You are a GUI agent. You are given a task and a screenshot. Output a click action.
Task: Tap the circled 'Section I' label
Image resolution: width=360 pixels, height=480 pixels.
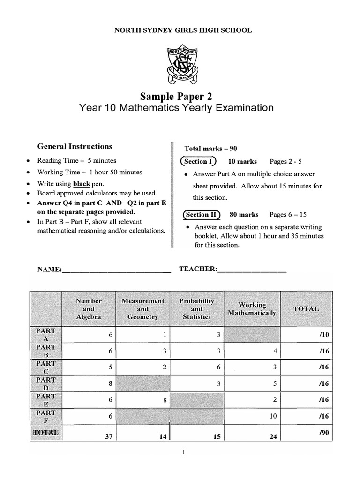(x=198, y=161)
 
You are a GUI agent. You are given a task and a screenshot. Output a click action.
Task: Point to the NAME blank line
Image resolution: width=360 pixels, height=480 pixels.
(x=116, y=270)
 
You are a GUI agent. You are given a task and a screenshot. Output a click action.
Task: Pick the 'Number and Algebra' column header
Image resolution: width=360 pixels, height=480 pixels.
(x=89, y=309)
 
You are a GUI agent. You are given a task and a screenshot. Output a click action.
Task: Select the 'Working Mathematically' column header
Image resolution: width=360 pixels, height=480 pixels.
(x=252, y=309)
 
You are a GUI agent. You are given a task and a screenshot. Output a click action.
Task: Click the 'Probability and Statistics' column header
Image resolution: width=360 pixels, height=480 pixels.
(x=197, y=309)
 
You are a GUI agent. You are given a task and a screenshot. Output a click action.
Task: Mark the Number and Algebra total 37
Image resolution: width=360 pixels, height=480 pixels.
(x=89, y=436)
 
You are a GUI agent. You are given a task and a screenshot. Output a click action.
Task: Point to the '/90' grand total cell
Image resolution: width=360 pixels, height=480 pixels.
(x=307, y=434)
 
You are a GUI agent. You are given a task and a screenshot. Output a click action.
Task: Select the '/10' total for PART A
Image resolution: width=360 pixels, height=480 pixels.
(x=307, y=335)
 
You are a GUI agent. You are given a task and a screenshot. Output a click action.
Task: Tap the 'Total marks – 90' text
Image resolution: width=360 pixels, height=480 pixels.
(x=211, y=149)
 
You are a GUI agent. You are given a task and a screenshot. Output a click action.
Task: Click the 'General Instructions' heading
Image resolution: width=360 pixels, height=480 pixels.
(x=75, y=146)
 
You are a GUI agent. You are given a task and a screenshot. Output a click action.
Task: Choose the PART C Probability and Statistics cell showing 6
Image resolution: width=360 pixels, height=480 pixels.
(x=197, y=367)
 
